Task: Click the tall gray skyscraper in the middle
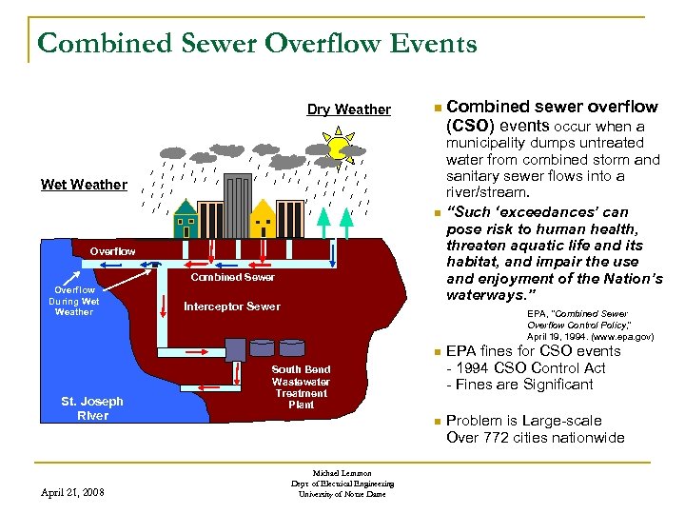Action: pyautogui.click(x=225, y=206)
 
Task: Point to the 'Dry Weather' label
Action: pyautogui.click(x=348, y=109)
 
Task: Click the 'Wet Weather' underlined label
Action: pyautogui.click(x=84, y=185)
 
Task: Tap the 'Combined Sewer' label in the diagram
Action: pyautogui.click(x=233, y=277)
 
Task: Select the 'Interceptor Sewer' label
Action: pyautogui.click(x=232, y=306)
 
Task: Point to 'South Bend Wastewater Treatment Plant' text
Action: pyautogui.click(x=301, y=386)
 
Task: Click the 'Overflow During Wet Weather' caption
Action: pyautogui.click(x=74, y=301)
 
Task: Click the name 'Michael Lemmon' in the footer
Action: pyautogui.click(x=342, y=473)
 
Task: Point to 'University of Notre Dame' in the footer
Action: pyautogui.click(x=342, y=493)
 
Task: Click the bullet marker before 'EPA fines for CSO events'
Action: pyautogui.click(x=434, y=352)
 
